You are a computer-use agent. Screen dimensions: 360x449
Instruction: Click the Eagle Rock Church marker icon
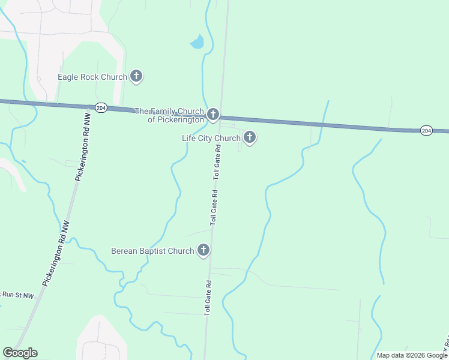[x=136, y=76]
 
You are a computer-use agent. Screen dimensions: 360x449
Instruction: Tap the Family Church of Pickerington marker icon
[x=212, y=114]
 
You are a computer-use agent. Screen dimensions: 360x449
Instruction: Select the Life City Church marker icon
[x=249, y=137]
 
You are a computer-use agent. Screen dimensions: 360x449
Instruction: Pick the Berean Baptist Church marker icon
[x=203, y=250]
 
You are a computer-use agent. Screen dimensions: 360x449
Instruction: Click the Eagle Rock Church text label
[x=92, y=77]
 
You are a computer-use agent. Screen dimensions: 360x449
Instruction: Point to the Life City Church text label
[x=211, y=138]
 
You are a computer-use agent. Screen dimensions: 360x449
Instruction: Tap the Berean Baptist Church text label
[x=152, y=251]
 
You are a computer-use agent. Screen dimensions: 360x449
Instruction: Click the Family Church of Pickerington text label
[x=169, y=115]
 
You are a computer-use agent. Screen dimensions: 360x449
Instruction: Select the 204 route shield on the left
[x=101, y=107]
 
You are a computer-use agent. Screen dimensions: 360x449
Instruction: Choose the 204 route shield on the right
[x=426, y=130]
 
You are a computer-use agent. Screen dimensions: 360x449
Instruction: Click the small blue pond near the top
[x=197, y=42]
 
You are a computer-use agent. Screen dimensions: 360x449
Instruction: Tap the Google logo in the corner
[x=20, y=353]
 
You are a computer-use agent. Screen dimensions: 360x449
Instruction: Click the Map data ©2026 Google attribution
[x=412, y=355]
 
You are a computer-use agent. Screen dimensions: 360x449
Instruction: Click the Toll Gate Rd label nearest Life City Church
[x=218, y=163]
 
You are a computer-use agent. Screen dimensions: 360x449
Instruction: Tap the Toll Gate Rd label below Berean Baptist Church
[x=208, y=298]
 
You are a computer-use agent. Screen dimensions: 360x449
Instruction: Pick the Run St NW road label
[x=16, y=294]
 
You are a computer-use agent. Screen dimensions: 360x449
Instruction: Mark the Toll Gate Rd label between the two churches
[x=214, y=208]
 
